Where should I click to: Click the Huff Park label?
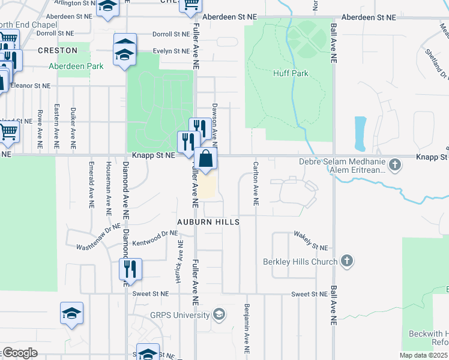(291, 73)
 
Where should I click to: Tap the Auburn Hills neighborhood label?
(208, 222)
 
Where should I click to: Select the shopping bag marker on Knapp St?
(205, 160)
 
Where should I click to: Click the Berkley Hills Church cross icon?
(346, 261)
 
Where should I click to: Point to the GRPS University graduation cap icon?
(219, 314)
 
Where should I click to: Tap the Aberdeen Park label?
(76, 66)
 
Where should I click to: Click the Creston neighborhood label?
(58, 50)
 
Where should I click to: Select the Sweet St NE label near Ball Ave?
(310, 294)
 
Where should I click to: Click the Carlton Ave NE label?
(256, 184)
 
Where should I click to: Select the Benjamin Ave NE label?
(247, 327)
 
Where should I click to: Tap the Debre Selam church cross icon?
(395, 164)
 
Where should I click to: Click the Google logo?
(19, 353)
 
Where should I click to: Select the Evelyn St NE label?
(171, 51)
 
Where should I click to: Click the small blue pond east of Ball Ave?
(360, 133)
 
